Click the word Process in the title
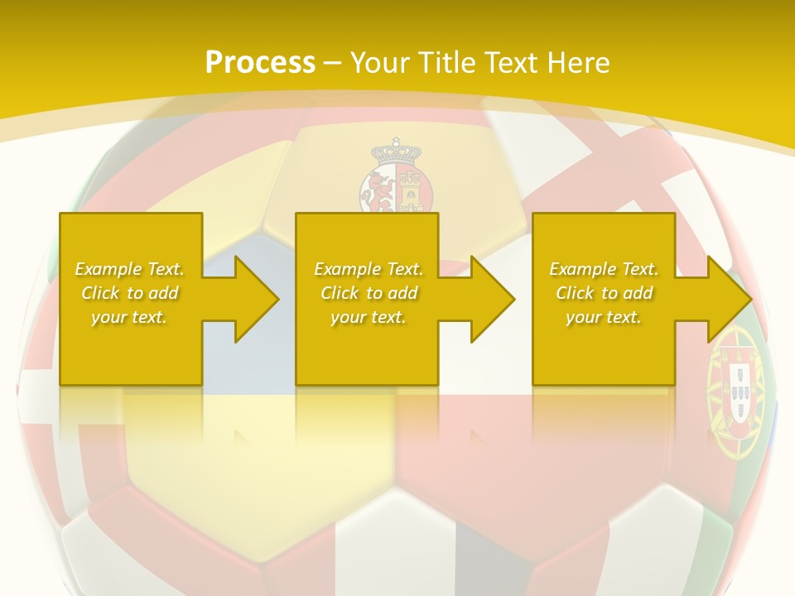(260, 63)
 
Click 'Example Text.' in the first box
(130, 269)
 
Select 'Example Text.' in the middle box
(369, 269)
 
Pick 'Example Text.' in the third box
(604, 269)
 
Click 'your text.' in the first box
(130, 317)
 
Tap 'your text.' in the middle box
(369, 317)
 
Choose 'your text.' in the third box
(604, 317)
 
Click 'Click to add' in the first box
(130, 293)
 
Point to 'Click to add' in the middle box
(369, 293)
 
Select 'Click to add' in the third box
(604, 293)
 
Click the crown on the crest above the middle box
(396, 151)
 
